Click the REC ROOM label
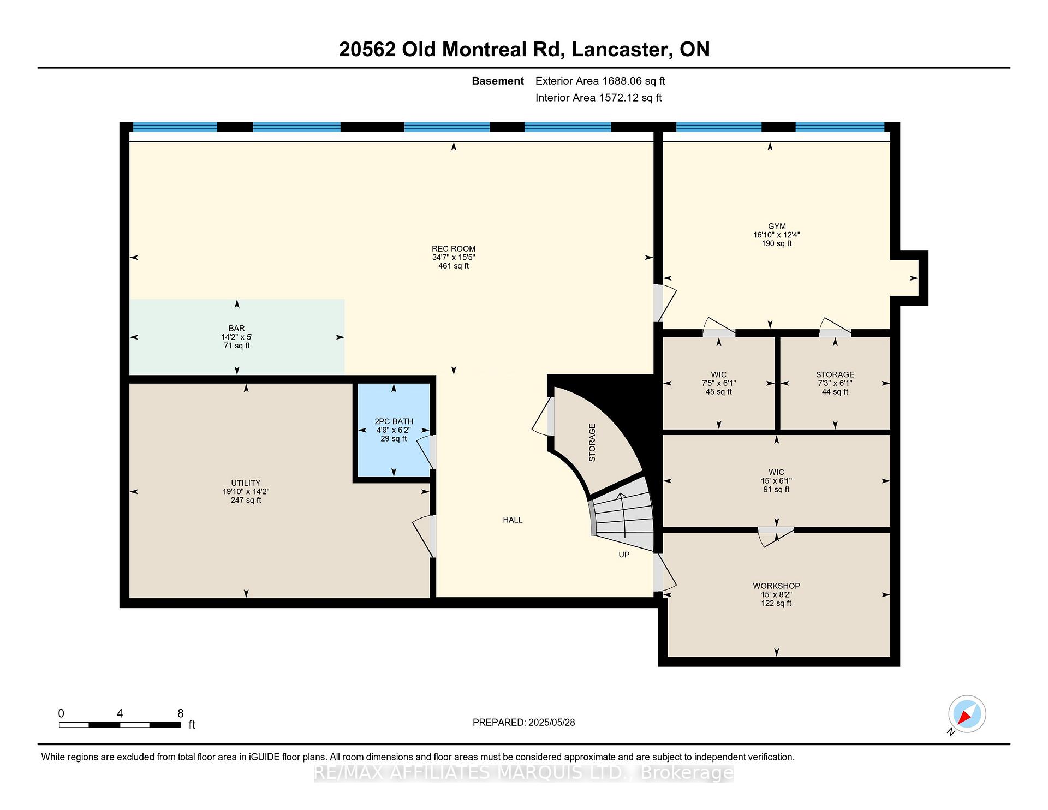point(454,249)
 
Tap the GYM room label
point(777,226)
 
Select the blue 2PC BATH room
point(394,430)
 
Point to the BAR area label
point(236,329)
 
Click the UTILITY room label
point(246,483)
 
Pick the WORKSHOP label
point(776,586)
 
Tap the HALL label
point(513,520)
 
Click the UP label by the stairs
point(624,555)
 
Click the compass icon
point(967,714)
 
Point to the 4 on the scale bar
point(120,713)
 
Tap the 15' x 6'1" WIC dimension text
point(776,481)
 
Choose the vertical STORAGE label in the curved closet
point(592,443)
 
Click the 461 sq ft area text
point(454,266)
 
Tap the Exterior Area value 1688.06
point(622,81)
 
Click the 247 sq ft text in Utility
point(246,500)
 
